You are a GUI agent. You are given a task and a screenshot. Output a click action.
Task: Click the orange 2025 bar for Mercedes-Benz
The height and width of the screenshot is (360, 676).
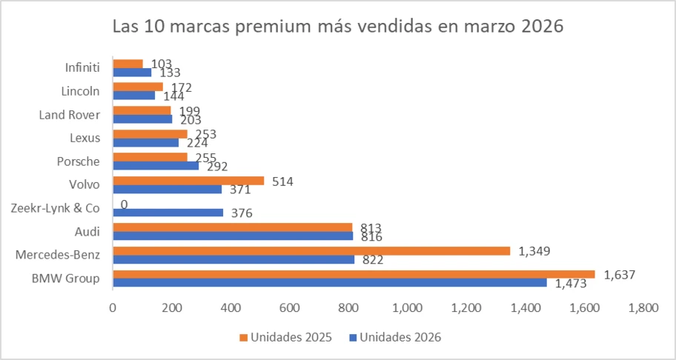pos(311,251)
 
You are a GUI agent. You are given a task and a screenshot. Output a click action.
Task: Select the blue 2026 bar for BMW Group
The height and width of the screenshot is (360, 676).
pos(329,282)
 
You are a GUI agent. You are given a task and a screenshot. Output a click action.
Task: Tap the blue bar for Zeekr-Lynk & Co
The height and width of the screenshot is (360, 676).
pos(168,213)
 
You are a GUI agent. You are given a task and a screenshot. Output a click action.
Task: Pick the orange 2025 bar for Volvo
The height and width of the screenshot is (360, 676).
pos(188,180)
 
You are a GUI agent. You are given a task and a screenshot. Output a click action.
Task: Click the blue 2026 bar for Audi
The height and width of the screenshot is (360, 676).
pos(233,236)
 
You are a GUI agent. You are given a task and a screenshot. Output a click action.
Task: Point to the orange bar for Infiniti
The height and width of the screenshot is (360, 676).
pos(127,64)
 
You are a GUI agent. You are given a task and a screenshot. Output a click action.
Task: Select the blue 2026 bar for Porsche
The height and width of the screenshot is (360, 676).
pos(156,165)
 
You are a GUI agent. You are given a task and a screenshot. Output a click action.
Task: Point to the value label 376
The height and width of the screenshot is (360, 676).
pos(242,213)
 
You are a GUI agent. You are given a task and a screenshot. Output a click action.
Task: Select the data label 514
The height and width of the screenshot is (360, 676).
pos(282,181)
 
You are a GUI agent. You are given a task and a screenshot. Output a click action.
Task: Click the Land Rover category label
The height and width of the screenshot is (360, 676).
pos(69,115)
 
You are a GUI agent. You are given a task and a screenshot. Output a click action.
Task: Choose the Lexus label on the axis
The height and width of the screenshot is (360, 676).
pos(84,138)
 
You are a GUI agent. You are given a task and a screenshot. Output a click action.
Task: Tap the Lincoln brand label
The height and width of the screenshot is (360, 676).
pos(81,91)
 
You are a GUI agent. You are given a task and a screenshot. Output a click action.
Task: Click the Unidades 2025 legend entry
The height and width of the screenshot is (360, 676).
pos(286,337)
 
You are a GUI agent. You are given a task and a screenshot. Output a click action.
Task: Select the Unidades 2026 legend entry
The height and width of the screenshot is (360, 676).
pos(400,337)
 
